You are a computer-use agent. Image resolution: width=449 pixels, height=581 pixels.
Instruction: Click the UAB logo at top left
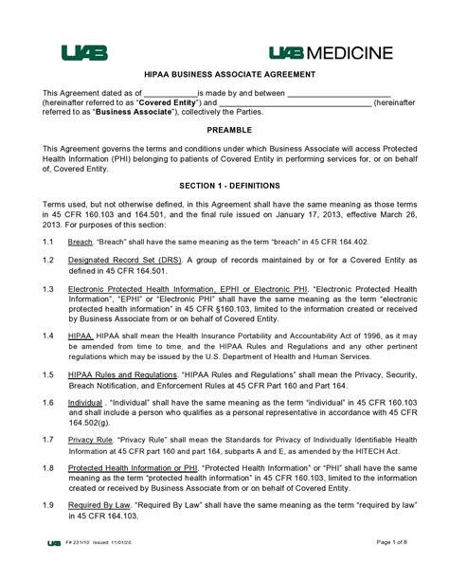tap(84, 52)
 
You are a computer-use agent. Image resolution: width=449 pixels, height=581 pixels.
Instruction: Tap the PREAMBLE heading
tap(224, 129)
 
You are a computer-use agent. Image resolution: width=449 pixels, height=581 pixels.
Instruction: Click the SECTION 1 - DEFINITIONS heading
tap(224, 186)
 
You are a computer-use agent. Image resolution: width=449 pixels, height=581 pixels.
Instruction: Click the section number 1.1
tap(48, 242)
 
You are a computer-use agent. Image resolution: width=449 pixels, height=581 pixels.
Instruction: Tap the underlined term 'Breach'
tap(81, 242)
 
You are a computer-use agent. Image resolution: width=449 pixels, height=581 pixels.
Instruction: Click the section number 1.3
tap(48, 287)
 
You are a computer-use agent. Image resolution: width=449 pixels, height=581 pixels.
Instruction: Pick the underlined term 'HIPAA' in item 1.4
tap(81, 336)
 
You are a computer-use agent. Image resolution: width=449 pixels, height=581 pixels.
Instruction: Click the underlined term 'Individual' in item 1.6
tap(88, 402)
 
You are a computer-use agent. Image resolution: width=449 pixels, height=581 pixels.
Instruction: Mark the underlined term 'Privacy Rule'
tap(91, 440)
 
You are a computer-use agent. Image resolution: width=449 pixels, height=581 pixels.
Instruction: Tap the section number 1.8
tap(48, 467)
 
